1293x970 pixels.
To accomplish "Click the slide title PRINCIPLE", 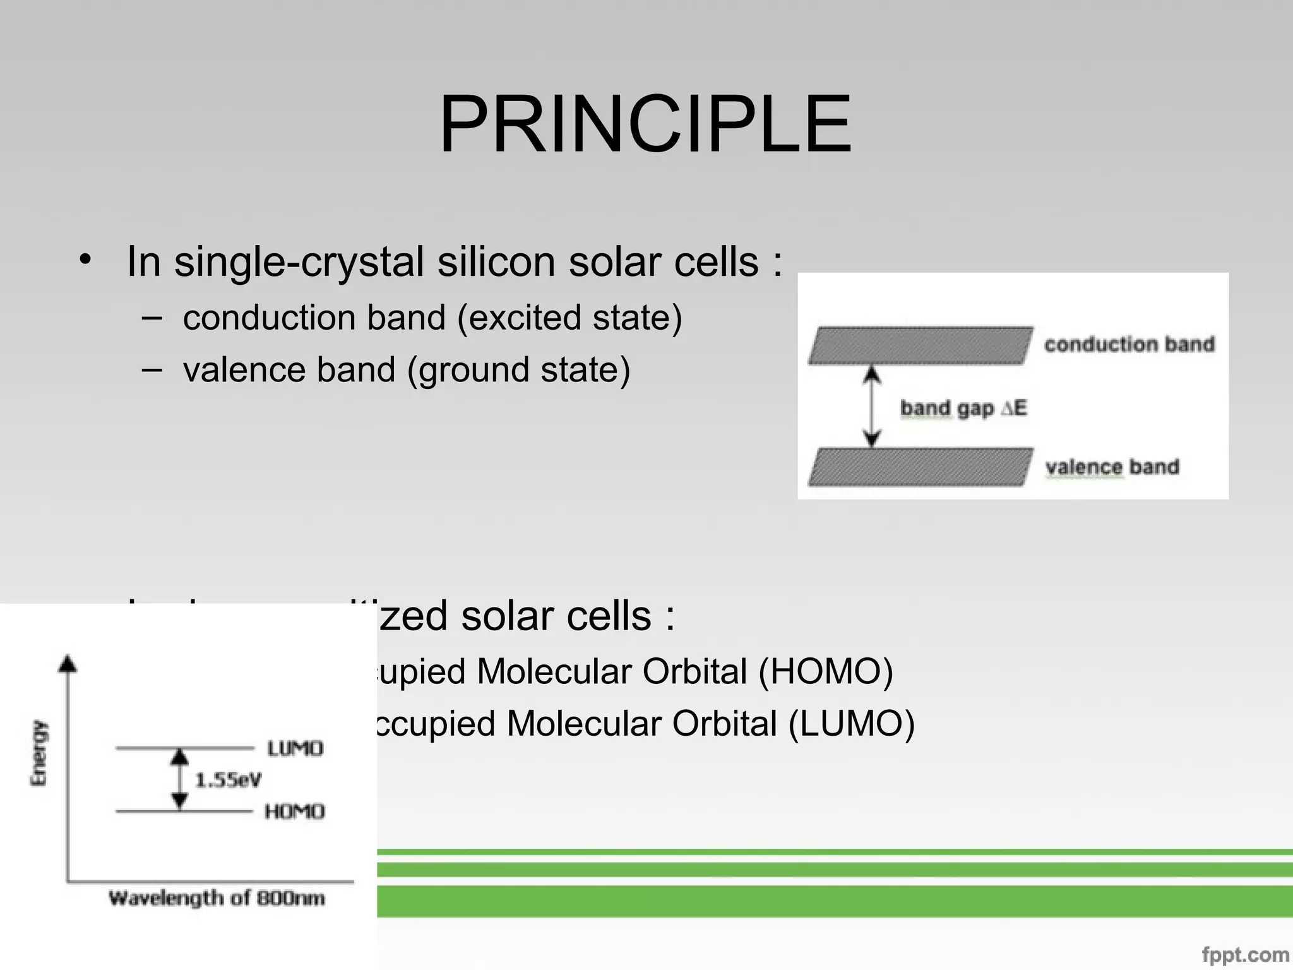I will click(x=645, y=124).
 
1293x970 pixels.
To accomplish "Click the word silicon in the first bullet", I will click(x=496, y=261).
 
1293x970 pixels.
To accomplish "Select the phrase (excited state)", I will click(x=569, y=318).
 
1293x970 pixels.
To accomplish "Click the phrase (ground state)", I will click(x=519, y=370).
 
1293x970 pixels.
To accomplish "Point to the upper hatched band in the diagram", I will click(x=921, y=345).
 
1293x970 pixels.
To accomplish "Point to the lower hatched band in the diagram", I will click(x=921, y=467).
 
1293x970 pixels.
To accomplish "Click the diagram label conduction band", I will click(x=1129, y=344).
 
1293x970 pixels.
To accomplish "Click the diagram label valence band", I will click(x=1112, y=467).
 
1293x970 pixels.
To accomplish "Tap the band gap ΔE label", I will click(x=963, y=409).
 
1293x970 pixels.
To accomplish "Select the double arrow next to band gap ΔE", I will click(x=872, y=407).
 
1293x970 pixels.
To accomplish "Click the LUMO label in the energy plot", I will click(x=295, y=749).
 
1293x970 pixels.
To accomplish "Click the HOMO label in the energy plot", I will click(x=294, y=811).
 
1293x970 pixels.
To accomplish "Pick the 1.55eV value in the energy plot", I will click(x=228, y=781).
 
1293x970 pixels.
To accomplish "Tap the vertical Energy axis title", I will click(x=39, y=753).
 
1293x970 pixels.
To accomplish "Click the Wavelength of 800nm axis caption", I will click(x=217, y=898).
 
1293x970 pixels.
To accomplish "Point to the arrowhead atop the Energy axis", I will click(x=68, y=663).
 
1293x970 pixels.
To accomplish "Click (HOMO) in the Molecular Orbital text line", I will click(x=825, y=671).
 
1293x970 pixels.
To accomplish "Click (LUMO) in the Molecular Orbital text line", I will click(x=851, y=724).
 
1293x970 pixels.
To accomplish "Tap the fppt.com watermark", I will click(x=1244, y=955).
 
